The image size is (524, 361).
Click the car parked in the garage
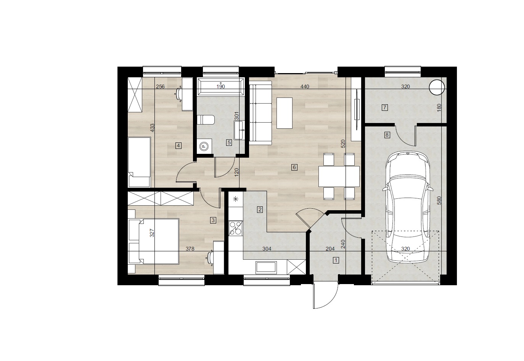coord(407,207)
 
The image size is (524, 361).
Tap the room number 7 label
coord(384,108)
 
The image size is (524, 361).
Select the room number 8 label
coord(387,135)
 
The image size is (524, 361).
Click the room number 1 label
coord(336,260)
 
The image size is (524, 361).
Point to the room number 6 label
coord(294,167)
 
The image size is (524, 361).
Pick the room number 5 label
coord(229,142)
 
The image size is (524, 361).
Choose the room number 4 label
coord(178,146)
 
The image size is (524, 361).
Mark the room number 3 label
coord(213,220)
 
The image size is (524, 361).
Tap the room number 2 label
coord(260,209)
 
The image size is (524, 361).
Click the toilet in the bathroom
coord(206,120)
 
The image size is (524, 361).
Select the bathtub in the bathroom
coord(220,86)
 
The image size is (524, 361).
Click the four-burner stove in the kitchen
coord(236,228)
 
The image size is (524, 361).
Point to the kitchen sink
coord(266,267)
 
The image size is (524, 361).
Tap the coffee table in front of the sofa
coord(285,113)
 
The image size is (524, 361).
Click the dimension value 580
coord(439,201)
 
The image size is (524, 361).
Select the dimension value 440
coord(305,86)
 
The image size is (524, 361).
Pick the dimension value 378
coord(190,249)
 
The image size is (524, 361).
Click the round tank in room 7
coord(437,87)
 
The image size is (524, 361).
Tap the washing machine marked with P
coord(204,146)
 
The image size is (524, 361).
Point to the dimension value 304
coord(267,249)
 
